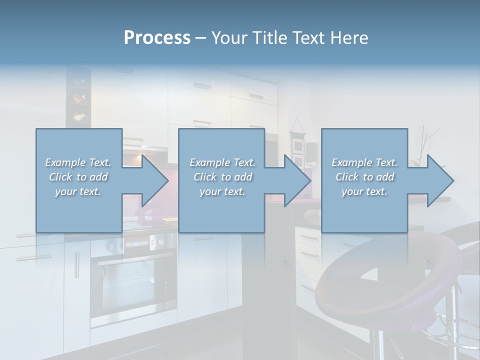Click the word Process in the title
(x=157, y=38)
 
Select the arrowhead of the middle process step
(x=297, y=180)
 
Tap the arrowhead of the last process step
(x=439, y=180)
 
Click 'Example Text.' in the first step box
(x=78, y=162)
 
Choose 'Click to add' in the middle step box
(x=222, y=177)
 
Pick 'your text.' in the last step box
(x=364, y=191)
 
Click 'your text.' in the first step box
(x=78, y=191)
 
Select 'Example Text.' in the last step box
(x=364, y=162)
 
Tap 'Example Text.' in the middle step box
(x=222, y=162)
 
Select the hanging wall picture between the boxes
(x=298, y=147)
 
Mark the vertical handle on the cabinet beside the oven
(x=77, y=265)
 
